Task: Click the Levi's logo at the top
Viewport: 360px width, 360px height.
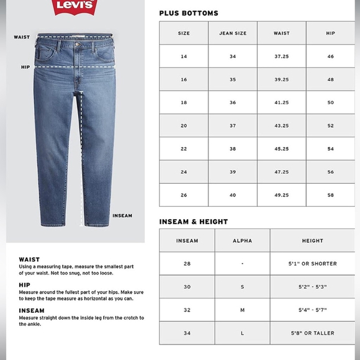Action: [75, 7]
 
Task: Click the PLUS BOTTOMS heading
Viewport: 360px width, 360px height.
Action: [189, 13]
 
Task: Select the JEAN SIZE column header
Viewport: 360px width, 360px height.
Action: [233, 33]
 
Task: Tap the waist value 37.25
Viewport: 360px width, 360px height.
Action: [281, 56]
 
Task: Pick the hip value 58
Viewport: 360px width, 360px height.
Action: [330, 195]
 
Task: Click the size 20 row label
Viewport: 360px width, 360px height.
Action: [184, 126]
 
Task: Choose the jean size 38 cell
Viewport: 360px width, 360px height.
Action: [233, 149]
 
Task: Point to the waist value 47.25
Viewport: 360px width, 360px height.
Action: [281, 172]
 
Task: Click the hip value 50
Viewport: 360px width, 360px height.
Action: [330, 102]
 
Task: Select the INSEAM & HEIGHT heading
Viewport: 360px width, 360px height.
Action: [193, 222]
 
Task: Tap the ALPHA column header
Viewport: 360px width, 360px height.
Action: [242, 241]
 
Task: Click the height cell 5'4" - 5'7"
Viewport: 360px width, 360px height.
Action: [312, 310]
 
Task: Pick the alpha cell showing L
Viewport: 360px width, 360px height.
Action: [242, 333]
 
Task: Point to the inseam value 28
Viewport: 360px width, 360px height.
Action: [187, 264]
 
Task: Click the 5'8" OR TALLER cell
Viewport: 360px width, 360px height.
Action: [312, 333]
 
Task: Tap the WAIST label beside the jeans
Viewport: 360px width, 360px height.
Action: [22, 37]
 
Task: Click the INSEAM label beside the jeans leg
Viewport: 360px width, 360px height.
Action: [122, 216]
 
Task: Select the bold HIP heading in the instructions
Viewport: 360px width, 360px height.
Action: [24, 285]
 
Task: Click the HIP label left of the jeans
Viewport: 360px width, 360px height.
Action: [25, 67]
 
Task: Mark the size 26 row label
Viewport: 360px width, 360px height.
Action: [184, 195]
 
